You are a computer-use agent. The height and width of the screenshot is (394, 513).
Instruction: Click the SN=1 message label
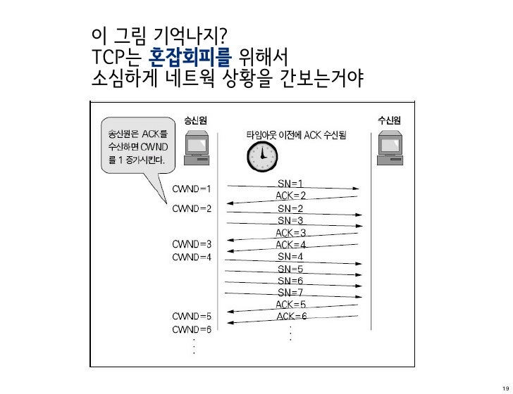[x=290, y=184]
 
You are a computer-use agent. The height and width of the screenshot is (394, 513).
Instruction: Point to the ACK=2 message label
[x=290, y=196]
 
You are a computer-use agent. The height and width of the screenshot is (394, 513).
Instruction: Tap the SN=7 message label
[x=290, y=292]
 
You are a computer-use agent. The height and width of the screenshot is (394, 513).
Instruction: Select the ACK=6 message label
[x=291, y=317]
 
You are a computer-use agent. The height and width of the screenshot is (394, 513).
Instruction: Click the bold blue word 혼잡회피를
[x=192, y=56]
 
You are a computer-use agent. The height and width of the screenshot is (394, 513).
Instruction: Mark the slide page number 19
[x=502, y=383]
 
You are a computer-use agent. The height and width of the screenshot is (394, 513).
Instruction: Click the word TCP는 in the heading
[x=117, y=56]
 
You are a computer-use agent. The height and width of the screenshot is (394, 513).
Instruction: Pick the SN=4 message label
[x=290, y=257]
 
